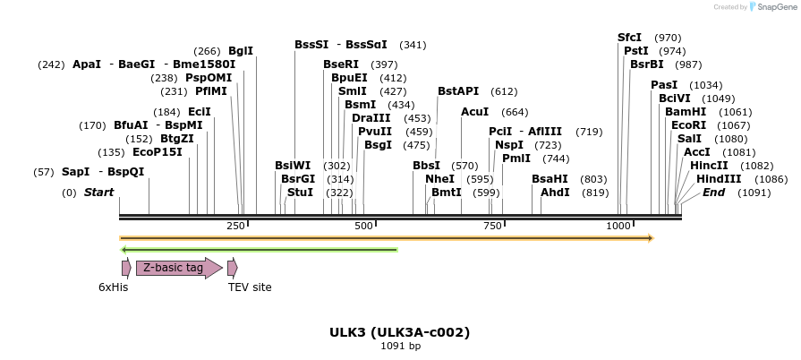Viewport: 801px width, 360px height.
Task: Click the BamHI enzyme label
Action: click(686, 112)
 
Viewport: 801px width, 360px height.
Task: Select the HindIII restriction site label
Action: click(719, 179)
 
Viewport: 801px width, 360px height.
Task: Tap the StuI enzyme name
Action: click(300, 193)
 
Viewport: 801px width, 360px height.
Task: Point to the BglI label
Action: click(241, 51)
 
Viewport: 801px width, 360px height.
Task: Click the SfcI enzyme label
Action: click(630, 38)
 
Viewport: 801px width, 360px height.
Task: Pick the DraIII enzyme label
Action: click(371, 118)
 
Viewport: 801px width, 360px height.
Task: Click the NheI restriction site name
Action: click(439, 179)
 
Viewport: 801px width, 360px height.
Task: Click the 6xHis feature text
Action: click(114, 287)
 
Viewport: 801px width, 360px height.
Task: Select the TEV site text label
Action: click(250, 287)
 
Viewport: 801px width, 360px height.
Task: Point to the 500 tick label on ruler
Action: click(363, 227)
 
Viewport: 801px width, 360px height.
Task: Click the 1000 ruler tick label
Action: click(618, 227)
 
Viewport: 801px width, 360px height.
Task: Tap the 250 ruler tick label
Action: click(236, 227)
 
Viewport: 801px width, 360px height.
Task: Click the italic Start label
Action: click(99, 193)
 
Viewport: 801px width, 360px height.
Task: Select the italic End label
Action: click(713, 193)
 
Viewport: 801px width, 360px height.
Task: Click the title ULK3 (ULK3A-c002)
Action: click(399, 332)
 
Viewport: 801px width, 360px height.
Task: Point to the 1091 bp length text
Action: click(400, 347)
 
